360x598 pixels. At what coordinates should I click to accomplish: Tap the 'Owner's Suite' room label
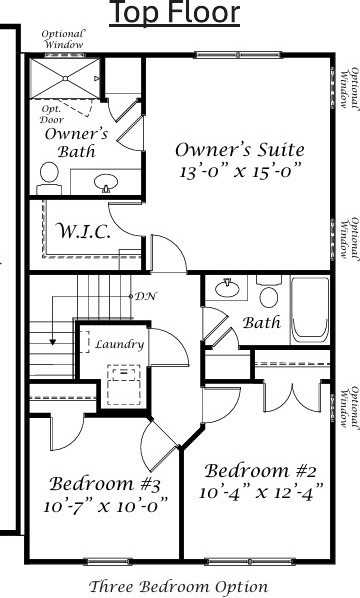click(x=240, y=149)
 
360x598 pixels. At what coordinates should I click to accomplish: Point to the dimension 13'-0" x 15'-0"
click(x=240, y=171)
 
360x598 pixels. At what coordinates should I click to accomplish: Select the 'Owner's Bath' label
click(x=69, y=142)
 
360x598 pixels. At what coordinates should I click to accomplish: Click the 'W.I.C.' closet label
click(x=83, y=231)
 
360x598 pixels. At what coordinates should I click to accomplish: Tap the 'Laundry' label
click(x=119, y=344)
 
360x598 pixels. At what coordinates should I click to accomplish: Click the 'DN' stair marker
click(x=146, y=296)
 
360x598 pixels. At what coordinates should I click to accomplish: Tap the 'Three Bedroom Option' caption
click(x=178, y=586)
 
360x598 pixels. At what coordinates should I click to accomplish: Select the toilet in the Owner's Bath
click(x=48, y=177)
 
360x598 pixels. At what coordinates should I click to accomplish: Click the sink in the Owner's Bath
click(x=105, y=182)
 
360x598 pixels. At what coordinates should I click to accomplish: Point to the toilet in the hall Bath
click(x=268, y=293)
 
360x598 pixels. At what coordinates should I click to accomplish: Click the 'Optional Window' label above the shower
click(x=63, y=39)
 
